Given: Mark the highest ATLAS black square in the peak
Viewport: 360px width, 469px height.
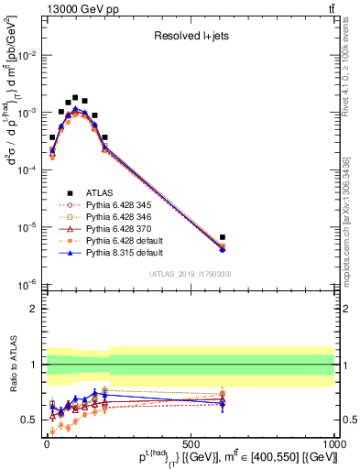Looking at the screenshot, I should pyautogui.click(x=75, y=97).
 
